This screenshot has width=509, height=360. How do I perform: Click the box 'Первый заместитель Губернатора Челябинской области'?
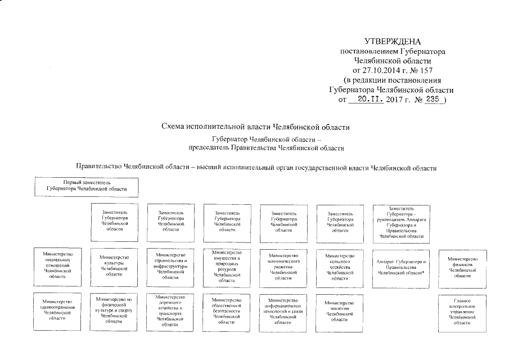click(87, 186)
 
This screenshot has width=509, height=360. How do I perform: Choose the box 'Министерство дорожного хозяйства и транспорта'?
click(170, 310)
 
